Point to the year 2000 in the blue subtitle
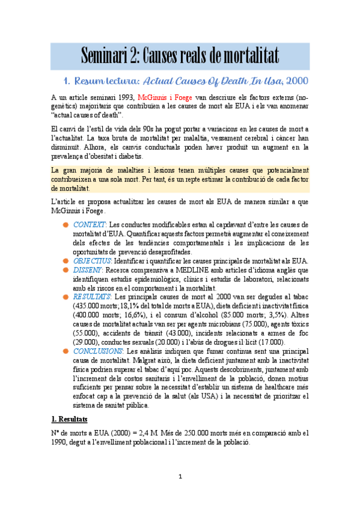tap(297, 80)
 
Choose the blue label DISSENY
tap(88, 270)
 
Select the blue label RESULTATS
tap(92, 296)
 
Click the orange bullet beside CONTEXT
tap(66, 225)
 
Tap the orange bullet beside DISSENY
tap(66, 270)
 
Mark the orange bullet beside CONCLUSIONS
tap(66, 350)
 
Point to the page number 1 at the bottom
tap(180, 477)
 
